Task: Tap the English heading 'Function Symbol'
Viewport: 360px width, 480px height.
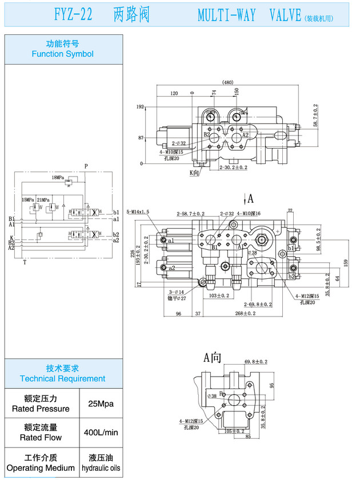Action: tap(63, 54)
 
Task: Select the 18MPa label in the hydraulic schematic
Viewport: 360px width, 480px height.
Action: tap(58, 178)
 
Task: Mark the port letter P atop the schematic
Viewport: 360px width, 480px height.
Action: tap(86, 166)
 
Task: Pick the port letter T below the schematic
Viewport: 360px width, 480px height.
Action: tap(25, 262)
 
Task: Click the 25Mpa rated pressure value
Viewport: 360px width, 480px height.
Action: tap(101, 404)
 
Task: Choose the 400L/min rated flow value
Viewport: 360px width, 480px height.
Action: tap(101, 433)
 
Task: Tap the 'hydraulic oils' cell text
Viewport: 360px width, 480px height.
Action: tap(101, 468)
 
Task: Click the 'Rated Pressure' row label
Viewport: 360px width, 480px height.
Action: tap(41, 409)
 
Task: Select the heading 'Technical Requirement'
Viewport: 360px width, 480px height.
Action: tap(63, 378)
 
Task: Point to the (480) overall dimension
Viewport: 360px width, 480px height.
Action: tap(228, 82)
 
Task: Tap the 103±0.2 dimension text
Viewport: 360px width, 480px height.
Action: tap(219, 295)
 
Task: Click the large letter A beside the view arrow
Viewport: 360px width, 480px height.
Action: tap(250, 198)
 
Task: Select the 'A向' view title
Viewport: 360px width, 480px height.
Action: tap(212, 358)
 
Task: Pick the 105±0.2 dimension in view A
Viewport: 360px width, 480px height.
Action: tap(234, 431)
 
